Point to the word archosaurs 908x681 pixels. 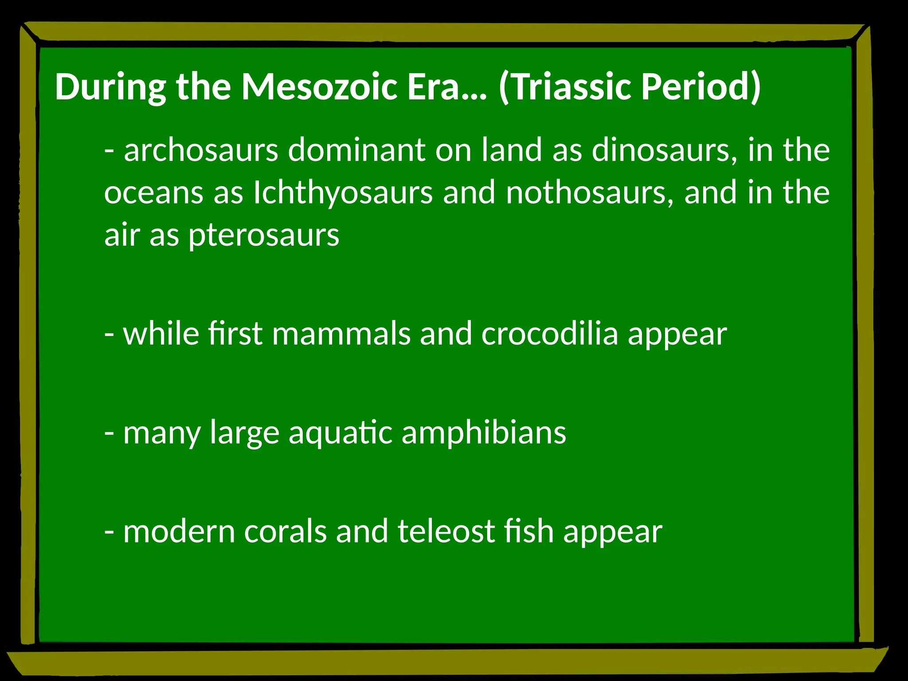pyautogui.click(x=201, y=150)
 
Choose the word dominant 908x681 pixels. pyautogui.click(x=357, y=150)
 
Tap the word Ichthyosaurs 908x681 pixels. pyautogui.click(x=343, y=192)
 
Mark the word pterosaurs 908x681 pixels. pyautogui.click(x=264, y=235)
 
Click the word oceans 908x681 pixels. pyautogui.click(x=154, y=192)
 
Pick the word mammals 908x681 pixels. pyautogui.click(x=341, y=333)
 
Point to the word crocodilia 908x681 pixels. pyautogui.click(x=549, y=333)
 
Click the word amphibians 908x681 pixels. pyautogui.click(x=484, y=432)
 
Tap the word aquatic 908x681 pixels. pyautogui.click(x=340, y=432)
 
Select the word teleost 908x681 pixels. pyautogui.click(x=446, y=531)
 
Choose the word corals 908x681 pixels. pyautogui.click(x=285, y=531)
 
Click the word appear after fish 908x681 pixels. pyautogui.click(x=613, y=531)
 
